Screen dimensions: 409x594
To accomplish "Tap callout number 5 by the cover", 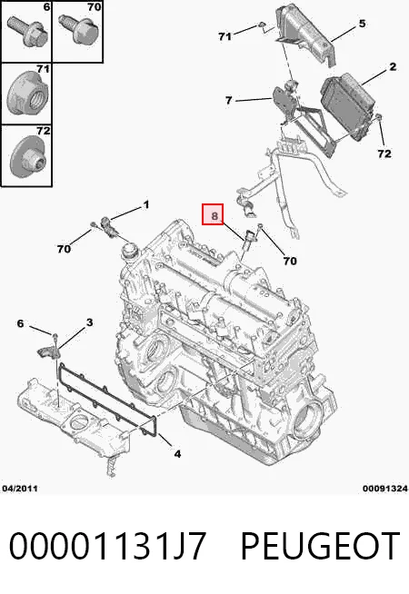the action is click(x=362, y=24).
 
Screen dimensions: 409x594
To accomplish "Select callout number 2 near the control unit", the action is click(x=393, y=67).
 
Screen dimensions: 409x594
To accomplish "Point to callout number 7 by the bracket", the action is click(x=228, y=101).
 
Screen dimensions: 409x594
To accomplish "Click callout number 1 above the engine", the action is click(x=146, y=205).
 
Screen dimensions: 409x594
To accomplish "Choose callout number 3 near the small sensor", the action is click(x=89, y=322).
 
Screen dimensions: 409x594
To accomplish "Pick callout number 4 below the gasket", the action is click(x=177, y=453).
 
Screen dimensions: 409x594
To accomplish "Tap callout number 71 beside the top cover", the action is click(x=224, y=36).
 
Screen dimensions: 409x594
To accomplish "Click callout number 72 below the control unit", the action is click(x=384, y=153).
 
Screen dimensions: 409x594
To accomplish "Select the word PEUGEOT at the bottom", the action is click(x=320, y=546).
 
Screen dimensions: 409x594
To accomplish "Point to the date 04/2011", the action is click(x=20, y=489).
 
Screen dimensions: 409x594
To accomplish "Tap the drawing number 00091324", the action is click(x=385, y=489).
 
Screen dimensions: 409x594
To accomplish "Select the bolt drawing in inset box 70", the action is click(x=77, y=30).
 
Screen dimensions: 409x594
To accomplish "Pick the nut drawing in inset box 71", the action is click(x=27, y=92).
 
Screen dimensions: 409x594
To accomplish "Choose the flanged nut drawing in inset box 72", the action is click(x=27, y=156).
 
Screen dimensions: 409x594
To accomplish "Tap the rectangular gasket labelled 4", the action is click(x=107, y=400).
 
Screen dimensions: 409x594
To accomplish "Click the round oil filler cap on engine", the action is click(x=129, y=251).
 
